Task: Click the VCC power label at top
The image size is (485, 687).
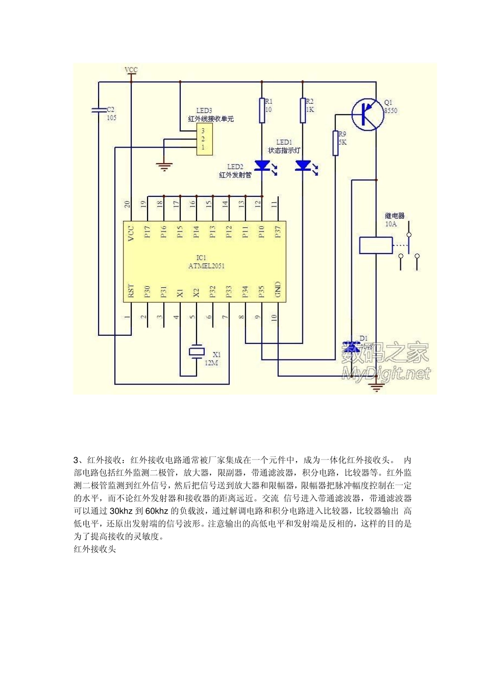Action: click(x=131, y=70)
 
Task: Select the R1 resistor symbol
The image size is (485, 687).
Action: click(x=262, y=110)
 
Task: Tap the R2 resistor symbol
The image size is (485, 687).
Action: click(x=303, y=110)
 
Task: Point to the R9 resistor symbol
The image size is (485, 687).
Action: click(x=336, y=143)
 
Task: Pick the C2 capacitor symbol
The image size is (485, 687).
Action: click(x=99, y=110)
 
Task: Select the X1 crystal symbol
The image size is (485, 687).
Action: click(x=197, y=352)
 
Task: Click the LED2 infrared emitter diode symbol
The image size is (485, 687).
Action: click(x=262, y=166)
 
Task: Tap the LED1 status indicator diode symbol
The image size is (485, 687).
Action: click(x=303, y=166)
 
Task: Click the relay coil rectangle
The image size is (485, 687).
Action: click(x=376, y=245)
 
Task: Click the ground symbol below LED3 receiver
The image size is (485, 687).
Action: click(x=164, y=166)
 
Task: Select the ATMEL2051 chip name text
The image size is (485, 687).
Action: click(x=206, y=266)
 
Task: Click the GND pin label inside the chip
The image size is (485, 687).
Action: click(x=278, y=290)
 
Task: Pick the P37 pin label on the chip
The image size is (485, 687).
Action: click(x=278, y=232)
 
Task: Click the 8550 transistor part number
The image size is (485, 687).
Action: click(x=391, y=110)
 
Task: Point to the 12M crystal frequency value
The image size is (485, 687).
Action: click(x=211, y=363)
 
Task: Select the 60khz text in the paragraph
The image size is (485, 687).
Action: click(x=157, y=511)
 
